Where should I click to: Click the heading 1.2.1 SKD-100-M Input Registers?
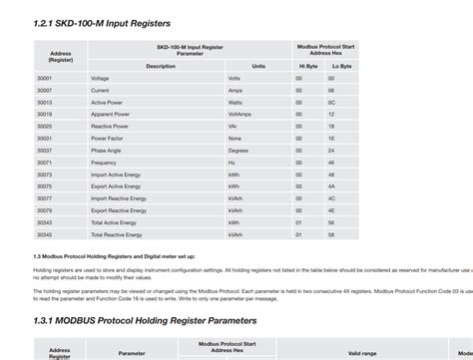102,23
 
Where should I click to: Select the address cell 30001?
45,78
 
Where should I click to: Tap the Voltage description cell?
100,78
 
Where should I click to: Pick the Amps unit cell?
235,90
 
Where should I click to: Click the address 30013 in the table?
45,102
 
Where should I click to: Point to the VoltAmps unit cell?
238,114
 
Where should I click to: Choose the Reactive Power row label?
110,126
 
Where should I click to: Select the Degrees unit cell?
237,150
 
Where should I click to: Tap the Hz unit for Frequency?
232,162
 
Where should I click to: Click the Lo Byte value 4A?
330,185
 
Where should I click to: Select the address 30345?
45,234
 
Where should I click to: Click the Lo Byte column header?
341,66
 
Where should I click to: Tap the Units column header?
258,66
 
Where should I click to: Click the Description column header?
160,66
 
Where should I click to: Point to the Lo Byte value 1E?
330,138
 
